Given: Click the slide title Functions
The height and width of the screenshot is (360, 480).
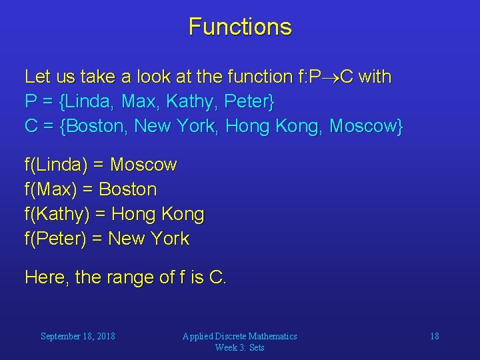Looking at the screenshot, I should pos(240,27).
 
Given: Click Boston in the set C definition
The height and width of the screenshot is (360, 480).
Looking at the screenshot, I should pos(96,127).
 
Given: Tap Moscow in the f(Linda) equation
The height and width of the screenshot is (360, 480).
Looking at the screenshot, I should pos(143,165).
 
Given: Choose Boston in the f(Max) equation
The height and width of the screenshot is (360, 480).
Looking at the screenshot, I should pos(128,189).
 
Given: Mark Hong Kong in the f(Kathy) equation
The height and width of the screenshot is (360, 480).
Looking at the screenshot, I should pos(158,215).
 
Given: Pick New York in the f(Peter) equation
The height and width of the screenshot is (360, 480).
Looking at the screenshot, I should pos(149,239).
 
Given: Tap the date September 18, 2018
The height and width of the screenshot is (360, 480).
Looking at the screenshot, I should pos(77,336).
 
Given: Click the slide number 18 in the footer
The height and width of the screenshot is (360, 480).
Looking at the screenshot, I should pos(434,336).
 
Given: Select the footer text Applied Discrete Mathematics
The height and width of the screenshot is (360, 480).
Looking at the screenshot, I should pos(240,336).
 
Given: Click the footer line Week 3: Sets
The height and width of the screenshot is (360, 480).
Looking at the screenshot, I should pos(240,347).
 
